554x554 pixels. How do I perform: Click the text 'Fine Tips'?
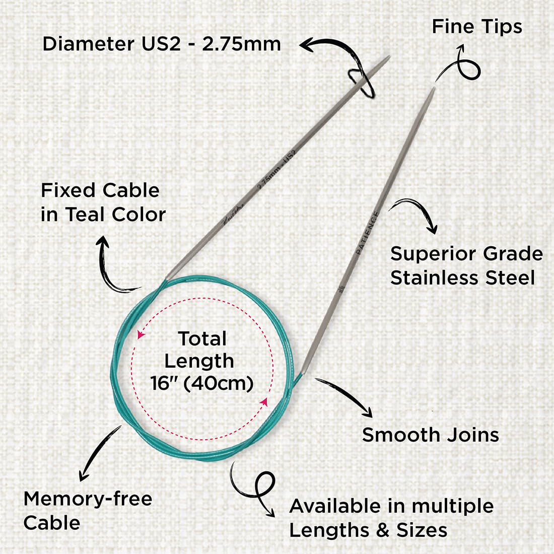[477, 27]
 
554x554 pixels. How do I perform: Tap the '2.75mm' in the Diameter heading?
[242, 44]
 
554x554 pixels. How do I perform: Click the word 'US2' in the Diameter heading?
[161, 44]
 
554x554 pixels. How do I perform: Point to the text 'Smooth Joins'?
[430, 435]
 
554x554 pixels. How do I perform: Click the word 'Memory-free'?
[88, 499]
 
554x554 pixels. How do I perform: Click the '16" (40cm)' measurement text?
[202, 383]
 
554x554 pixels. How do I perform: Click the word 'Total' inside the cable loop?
[202, 338]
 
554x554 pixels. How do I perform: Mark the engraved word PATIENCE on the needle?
[368, 232]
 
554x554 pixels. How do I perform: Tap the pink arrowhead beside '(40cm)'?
[264, 402]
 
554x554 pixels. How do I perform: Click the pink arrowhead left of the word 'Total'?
[141, 334]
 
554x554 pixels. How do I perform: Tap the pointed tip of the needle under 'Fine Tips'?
[434, 88]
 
